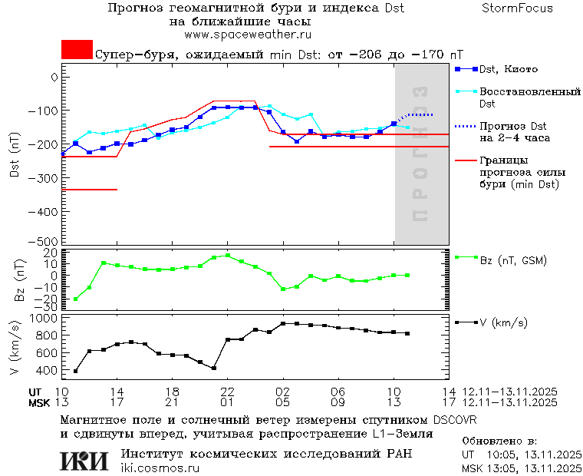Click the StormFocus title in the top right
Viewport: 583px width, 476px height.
coord(517,8)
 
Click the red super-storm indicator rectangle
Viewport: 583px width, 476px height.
coord(77,50)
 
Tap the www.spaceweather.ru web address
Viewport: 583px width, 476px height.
coord(248,35)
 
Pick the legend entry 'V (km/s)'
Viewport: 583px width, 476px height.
coord(503,323)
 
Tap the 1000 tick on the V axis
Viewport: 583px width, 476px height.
coord(45,318)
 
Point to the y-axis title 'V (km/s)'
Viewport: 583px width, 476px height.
coord(15,349)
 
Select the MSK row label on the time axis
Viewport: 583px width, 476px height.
coord(40,402)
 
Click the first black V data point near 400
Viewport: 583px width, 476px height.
coord(75,371)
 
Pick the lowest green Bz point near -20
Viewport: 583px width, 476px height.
coord(75,299)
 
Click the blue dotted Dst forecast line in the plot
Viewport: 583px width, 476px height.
coord(422,114)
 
